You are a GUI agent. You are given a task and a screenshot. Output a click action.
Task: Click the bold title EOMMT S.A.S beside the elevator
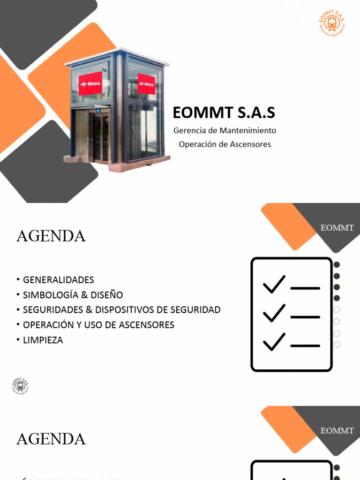click(x=224, y=113)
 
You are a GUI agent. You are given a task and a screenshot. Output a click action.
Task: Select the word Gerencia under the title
click(x=189, y=130)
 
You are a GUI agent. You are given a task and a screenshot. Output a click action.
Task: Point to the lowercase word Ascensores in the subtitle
click(x=251, y=144)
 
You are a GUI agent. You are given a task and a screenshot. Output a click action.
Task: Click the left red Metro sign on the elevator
click(x=90, y=83)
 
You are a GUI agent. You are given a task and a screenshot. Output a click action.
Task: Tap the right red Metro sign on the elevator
click(x=146, y=84)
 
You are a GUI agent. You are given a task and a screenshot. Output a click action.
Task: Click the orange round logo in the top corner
click(x=331, y=23)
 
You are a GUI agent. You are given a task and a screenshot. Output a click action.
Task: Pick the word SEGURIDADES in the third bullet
click(x=52, y=310)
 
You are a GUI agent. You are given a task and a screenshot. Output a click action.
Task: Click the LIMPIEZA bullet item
click(x=43, y=340)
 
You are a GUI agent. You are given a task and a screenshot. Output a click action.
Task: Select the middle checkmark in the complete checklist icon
click(x=274, y=313)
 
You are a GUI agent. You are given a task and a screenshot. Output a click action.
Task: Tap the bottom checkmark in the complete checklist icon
click(x=274, y=342)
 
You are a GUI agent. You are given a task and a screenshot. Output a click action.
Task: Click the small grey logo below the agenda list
click(x=20, y=385)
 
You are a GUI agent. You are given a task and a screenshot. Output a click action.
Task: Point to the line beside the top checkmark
click(x=305, y=288)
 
